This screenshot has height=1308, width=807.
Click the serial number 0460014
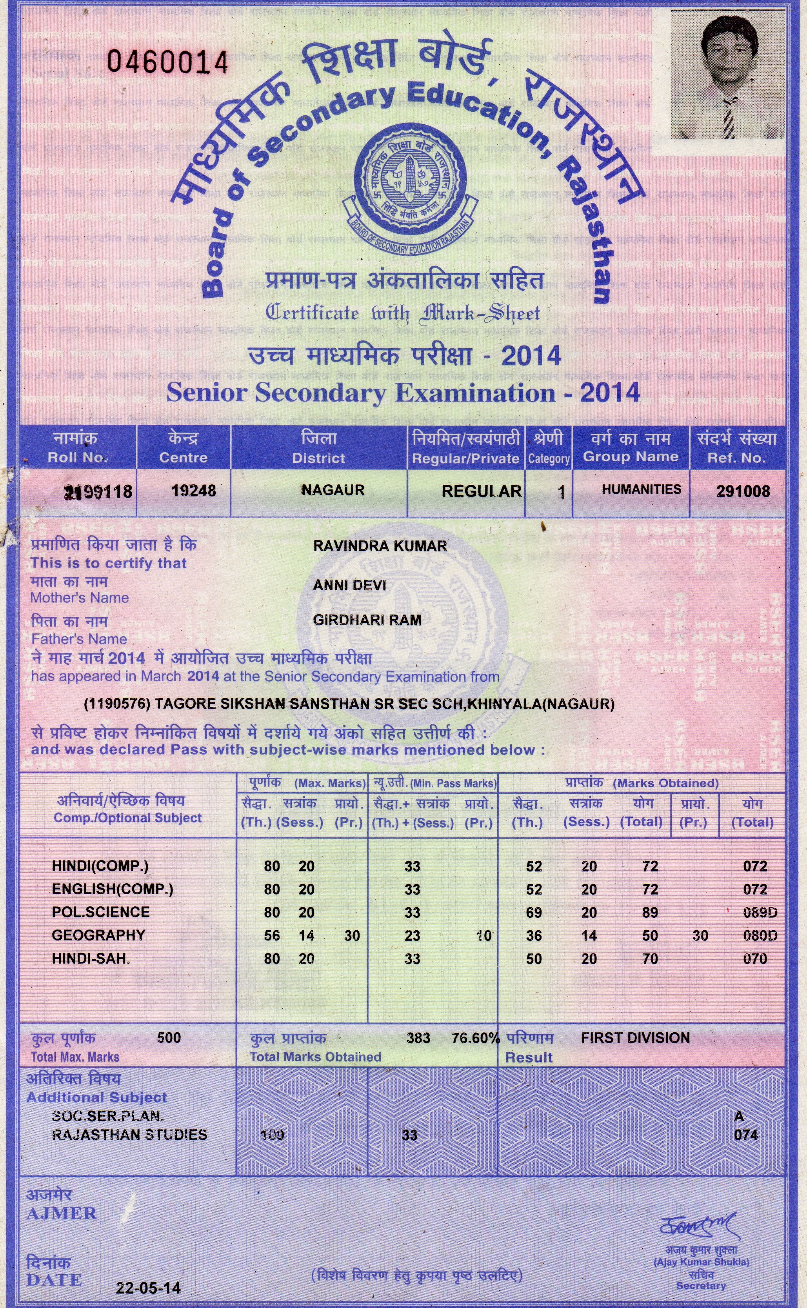coord(167,62)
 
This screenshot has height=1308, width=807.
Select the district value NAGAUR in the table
coord(333,490)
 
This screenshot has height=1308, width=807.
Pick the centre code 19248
coord(193,490)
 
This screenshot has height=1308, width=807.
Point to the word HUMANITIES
coord(641,489)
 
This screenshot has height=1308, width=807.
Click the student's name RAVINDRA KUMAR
coord(380,546)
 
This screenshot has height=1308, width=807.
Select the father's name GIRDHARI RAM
coord(367,620)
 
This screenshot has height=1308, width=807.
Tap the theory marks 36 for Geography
coord(534,935)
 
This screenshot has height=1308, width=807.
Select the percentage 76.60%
coord(475,1038)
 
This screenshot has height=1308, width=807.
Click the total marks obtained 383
coord(418,1038)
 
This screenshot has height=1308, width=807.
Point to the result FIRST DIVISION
coord(635,1038)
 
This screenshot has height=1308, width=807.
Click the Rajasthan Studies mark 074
coord(745,1135)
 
